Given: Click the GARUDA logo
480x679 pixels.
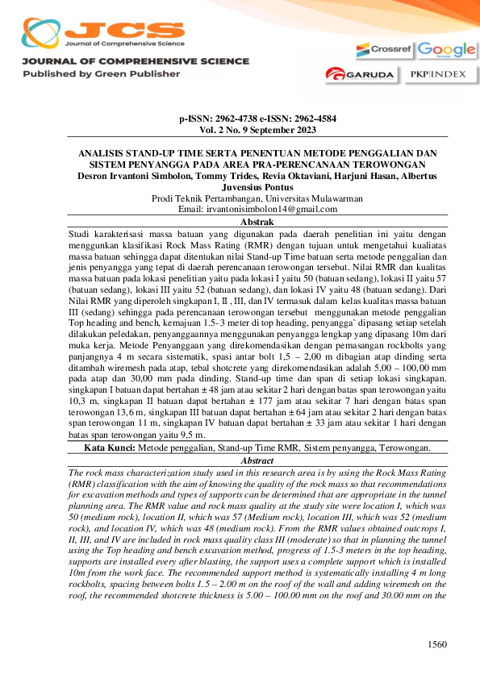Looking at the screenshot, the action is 359,75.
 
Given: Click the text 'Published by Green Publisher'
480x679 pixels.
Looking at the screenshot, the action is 101,73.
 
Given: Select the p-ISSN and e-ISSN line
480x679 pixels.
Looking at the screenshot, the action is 257,119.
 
